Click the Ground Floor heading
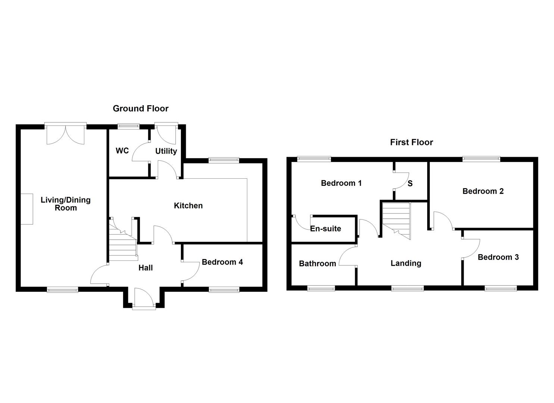(141, 108)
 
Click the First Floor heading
(411, 142)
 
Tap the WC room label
(122, 151)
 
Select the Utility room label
(166, 151)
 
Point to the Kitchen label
(188, 206)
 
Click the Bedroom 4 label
(222, 262)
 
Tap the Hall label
(145, 268)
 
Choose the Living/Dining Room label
(66, 204)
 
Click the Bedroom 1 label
(341, 183)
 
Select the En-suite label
(326, 229)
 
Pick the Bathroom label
(317, 263)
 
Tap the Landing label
(406, 263)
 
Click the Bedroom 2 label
(483, 191)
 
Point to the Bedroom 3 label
(498, 257)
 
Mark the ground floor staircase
(123, 239)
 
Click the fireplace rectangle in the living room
(27, 209)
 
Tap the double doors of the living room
(66, 135)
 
